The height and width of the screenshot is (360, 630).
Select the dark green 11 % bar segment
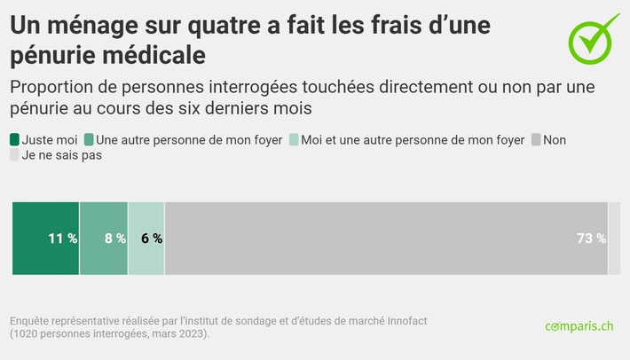point(45,238)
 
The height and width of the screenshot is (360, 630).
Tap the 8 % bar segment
point(103,238)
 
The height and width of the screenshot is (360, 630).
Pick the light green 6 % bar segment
point(146,238)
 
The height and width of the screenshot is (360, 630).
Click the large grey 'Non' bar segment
point(382,238)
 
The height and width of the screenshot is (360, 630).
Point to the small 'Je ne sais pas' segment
point(614,238)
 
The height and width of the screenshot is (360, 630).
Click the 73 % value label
point(590,239)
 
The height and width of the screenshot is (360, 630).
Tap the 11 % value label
point(62,239)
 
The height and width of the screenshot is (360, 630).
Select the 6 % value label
point(151,239)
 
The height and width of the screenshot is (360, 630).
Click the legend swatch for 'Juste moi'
point(14,139)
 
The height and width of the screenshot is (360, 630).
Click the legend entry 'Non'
point(554,139)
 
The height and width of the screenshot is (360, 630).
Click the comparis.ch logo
point(579,326)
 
